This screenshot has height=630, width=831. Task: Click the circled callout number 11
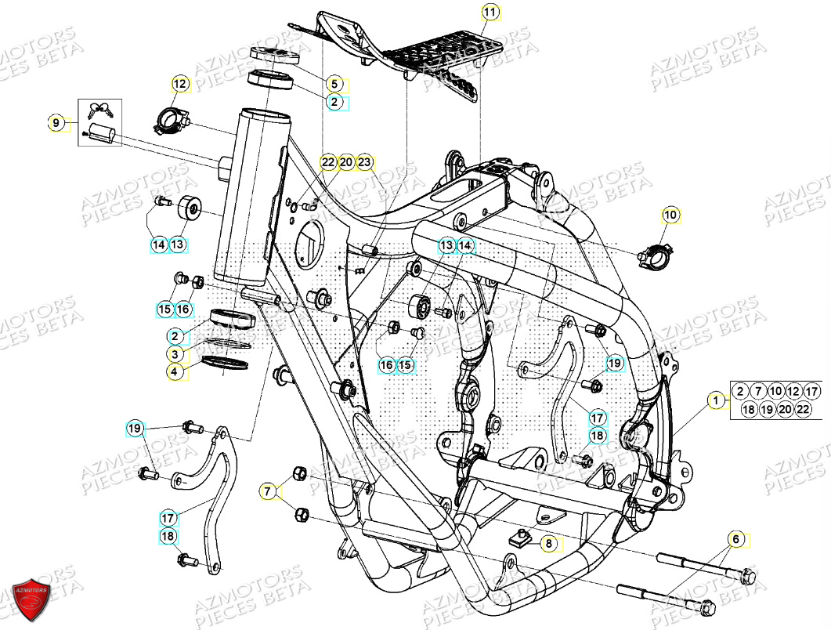tap(490, 13)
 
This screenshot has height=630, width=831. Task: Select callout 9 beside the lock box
tap(56, 122)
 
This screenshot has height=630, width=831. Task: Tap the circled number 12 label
tap(180, 83)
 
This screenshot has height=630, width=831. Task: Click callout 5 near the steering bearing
tap(333, 84)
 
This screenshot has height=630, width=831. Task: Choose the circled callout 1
tap(715, 401)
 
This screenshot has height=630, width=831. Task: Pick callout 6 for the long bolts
tap(735, 539)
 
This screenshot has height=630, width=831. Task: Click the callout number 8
tap(548, 542)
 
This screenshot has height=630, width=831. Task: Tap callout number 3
tap(177, 355)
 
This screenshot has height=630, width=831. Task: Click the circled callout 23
tap(364, 162)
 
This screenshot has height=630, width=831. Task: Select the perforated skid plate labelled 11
tap(443, 61)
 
